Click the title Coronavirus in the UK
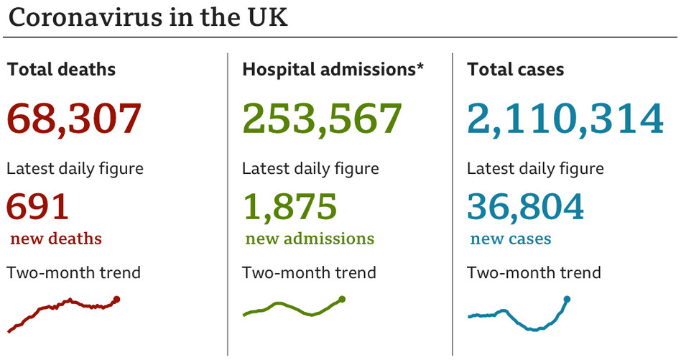148,17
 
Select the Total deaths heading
61,70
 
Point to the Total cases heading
515,70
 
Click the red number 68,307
74,119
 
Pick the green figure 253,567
322,119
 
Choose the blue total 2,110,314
565,119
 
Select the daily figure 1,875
289,207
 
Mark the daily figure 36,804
525,207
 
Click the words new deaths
56,239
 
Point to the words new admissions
310,239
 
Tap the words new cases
511,239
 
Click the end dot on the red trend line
117,300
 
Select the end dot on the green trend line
342,299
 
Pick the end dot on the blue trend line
567,299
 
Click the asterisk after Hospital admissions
420,68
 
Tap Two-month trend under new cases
534,273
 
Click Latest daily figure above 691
75,169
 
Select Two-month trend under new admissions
309,273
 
